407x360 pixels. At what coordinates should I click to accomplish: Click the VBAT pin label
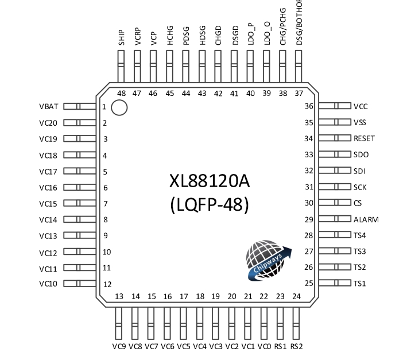click(48, 107)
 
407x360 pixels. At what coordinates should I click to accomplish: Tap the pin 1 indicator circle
click(119, 107)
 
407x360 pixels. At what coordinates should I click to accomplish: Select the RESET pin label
click(364, 138)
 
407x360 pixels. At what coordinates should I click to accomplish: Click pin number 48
click(121, 94)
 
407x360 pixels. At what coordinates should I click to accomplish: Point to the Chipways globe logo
click(268, 261)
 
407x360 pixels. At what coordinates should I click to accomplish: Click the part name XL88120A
click(210, 181)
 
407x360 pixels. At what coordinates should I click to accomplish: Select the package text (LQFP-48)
click(210, 204)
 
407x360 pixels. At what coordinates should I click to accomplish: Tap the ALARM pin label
click(366, 219)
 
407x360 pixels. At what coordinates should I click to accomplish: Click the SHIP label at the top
click(121, 38)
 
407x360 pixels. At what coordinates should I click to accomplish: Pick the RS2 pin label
click(296, 346)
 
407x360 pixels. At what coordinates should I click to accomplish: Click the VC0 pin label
click(264, 346)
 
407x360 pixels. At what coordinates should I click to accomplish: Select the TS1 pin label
click(359, 284)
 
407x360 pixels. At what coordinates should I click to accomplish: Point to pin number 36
click(309, 106)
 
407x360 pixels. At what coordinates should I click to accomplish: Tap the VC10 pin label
click(48, 284)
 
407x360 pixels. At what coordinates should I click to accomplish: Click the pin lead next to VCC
click(334, 106)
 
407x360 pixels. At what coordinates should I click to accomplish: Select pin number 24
click(296, 296)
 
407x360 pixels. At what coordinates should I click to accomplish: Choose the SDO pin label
click(361, 154)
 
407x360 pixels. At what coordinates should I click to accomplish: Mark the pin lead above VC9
click(119, 323)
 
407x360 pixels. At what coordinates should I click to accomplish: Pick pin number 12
click(107, 284)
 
